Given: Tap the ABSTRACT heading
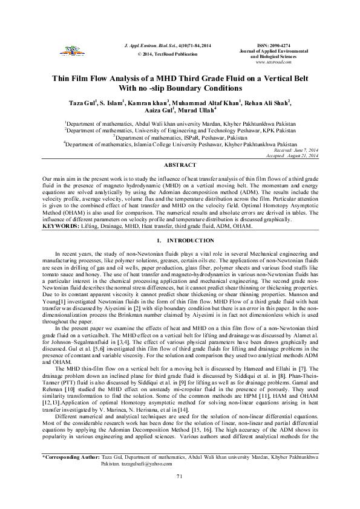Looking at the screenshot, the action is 180,165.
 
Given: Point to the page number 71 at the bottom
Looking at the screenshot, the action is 180,494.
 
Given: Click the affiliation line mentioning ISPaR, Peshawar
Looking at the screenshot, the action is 180,137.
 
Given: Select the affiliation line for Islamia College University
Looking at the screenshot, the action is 180,144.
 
